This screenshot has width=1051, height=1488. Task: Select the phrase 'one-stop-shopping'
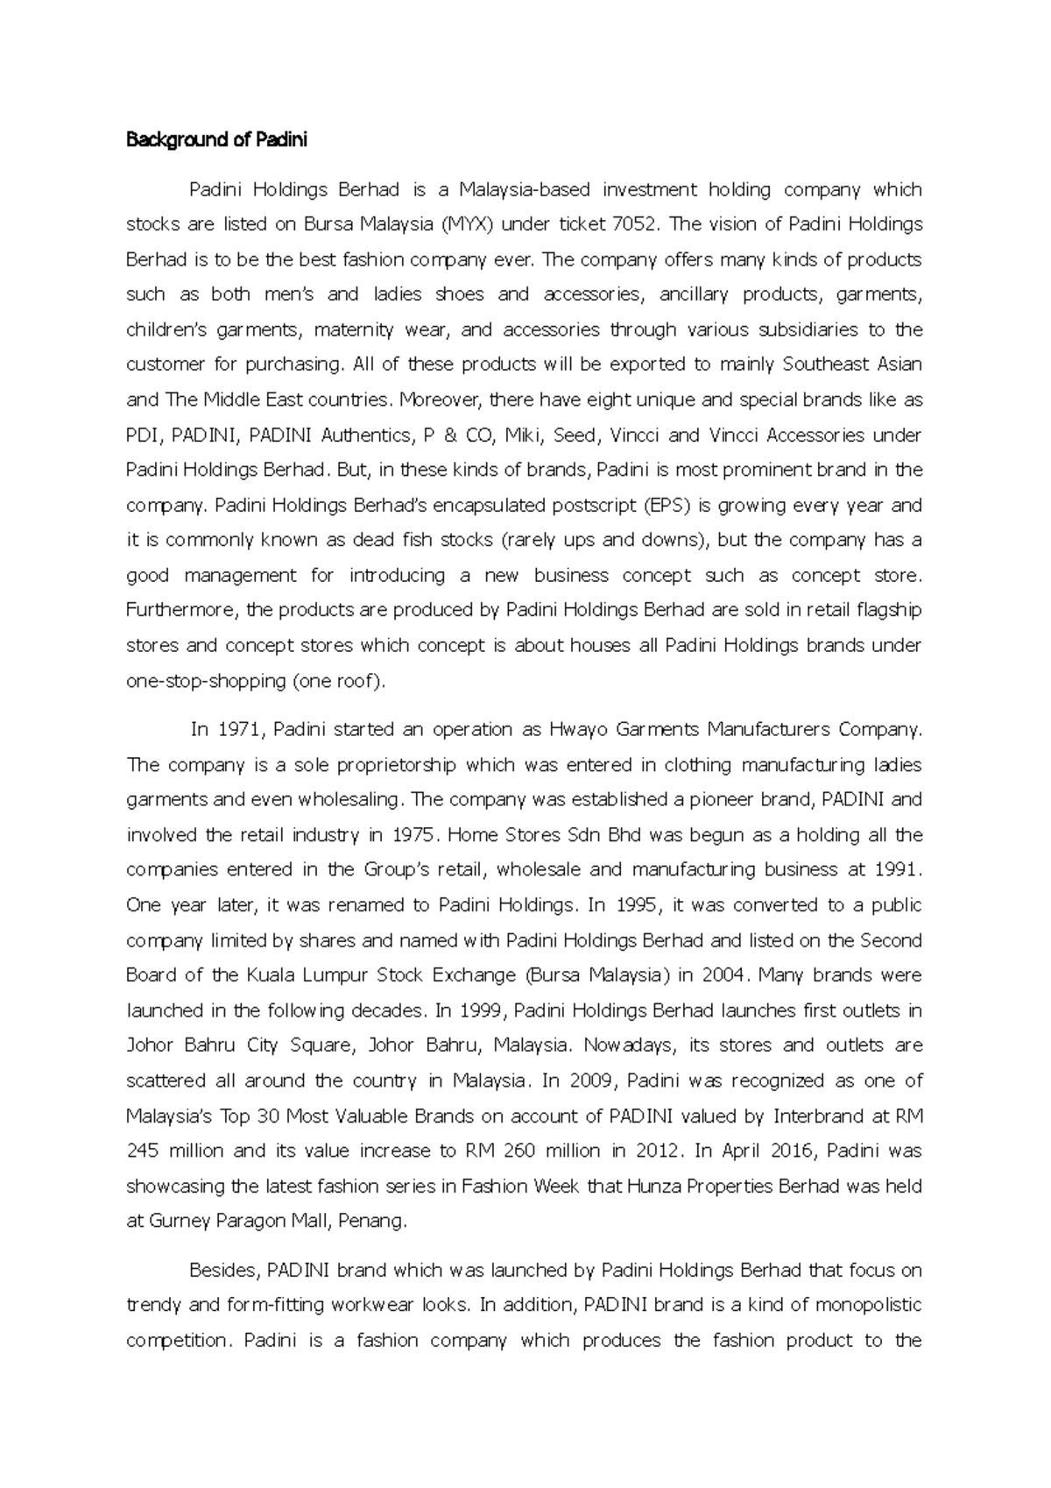pyautogui.click(x=207, y=681)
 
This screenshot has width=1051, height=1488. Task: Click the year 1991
pyautogui.click(x=897, y=870)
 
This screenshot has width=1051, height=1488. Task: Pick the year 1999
pyautogui.click(x=481, y=1010)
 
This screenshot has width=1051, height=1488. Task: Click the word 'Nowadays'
pyautogui.click(x=629, y=1045)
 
